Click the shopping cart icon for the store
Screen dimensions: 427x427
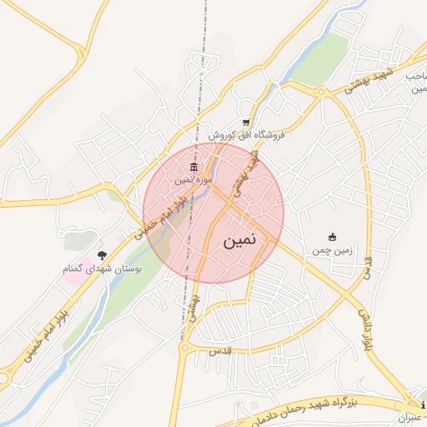coord(245,122)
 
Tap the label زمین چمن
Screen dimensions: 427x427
coord(333,250)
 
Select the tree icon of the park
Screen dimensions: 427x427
coord(103,255)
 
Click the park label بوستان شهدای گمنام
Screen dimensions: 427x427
coord(103,269)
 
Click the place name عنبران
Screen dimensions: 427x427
coord(410,417)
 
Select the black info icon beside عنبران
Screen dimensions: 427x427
coord(424,406)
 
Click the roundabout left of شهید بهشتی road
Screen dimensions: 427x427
coord(322,92)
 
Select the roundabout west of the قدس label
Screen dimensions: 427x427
coord(188,344)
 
